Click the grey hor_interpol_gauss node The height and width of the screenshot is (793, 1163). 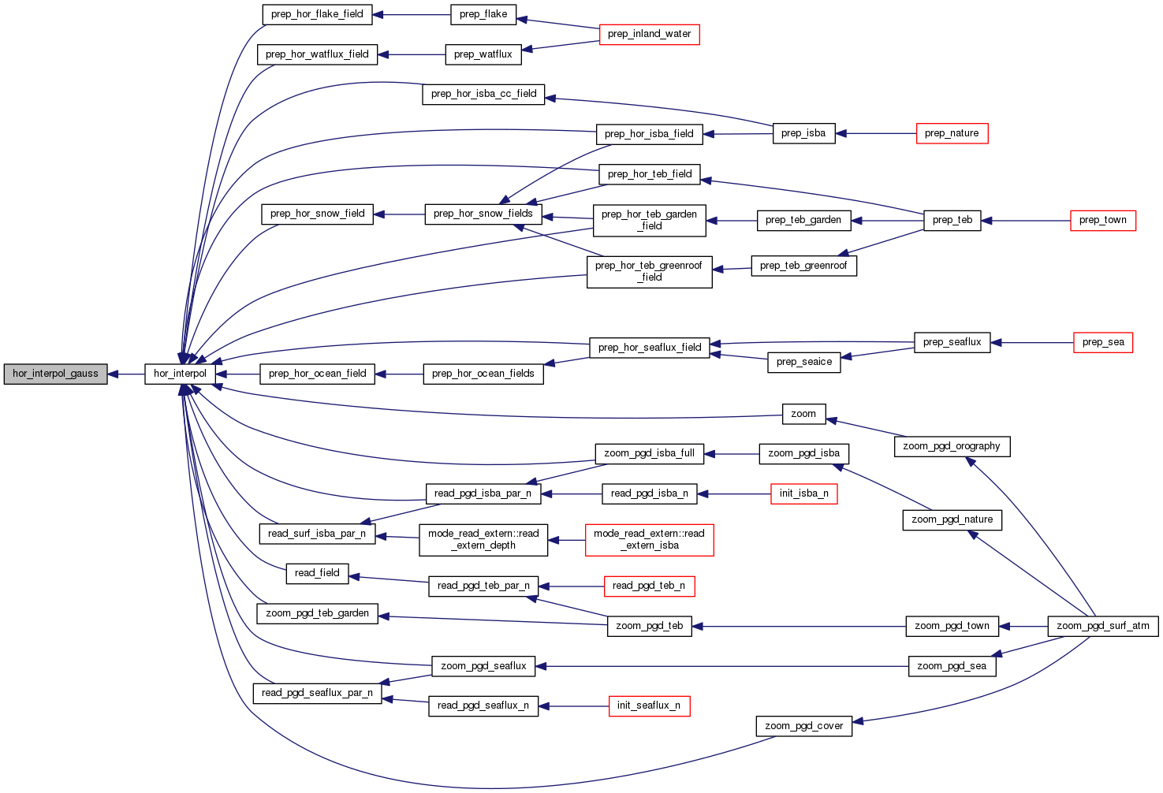[55, 374]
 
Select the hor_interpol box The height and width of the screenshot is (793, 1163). [180, 374]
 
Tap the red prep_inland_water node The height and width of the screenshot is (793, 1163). [649, 34]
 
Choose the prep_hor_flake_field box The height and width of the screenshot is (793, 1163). [317, 14]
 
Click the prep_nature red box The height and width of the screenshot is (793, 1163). [952, 133]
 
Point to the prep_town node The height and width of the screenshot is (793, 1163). [1102, 220]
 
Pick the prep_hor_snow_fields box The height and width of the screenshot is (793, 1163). [483, 214]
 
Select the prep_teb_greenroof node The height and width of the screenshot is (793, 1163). [803, 266]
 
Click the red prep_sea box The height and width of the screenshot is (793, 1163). [1103, 342]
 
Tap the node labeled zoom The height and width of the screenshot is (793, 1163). [803, 414]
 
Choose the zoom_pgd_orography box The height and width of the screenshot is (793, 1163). [952, 446]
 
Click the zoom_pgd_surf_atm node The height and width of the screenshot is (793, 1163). [1102, 626]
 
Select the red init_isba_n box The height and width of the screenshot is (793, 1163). [803, 493]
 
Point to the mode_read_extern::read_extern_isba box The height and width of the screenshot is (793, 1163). [649, 539]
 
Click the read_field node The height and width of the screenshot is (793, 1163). [317, 573]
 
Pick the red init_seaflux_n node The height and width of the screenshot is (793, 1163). [649, 706]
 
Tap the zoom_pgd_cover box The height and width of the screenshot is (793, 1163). [803, 726]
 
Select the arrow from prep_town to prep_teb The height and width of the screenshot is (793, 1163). [1025, 221]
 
